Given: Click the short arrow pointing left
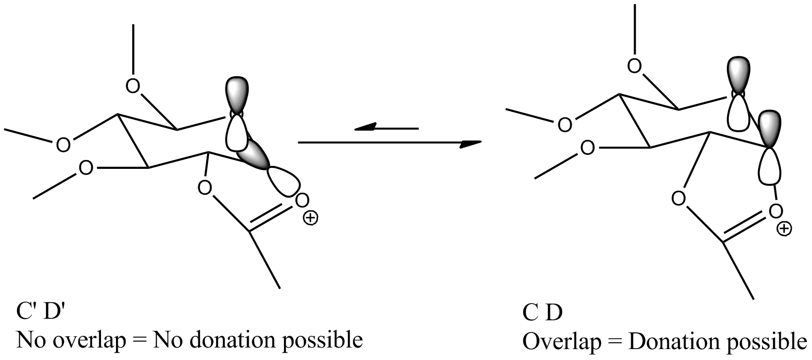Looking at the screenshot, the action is [386, 127].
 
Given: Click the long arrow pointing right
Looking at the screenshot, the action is [390, 143].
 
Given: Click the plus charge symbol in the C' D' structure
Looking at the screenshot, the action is [310, 218].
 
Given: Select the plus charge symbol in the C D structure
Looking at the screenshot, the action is [784, 229].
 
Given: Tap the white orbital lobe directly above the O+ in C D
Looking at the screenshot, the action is [770, 166].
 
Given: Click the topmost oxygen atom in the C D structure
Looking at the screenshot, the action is [634, 66].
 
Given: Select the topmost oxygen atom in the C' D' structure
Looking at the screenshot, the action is [133, 86].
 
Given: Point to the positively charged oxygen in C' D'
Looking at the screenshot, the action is [302, 200].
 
